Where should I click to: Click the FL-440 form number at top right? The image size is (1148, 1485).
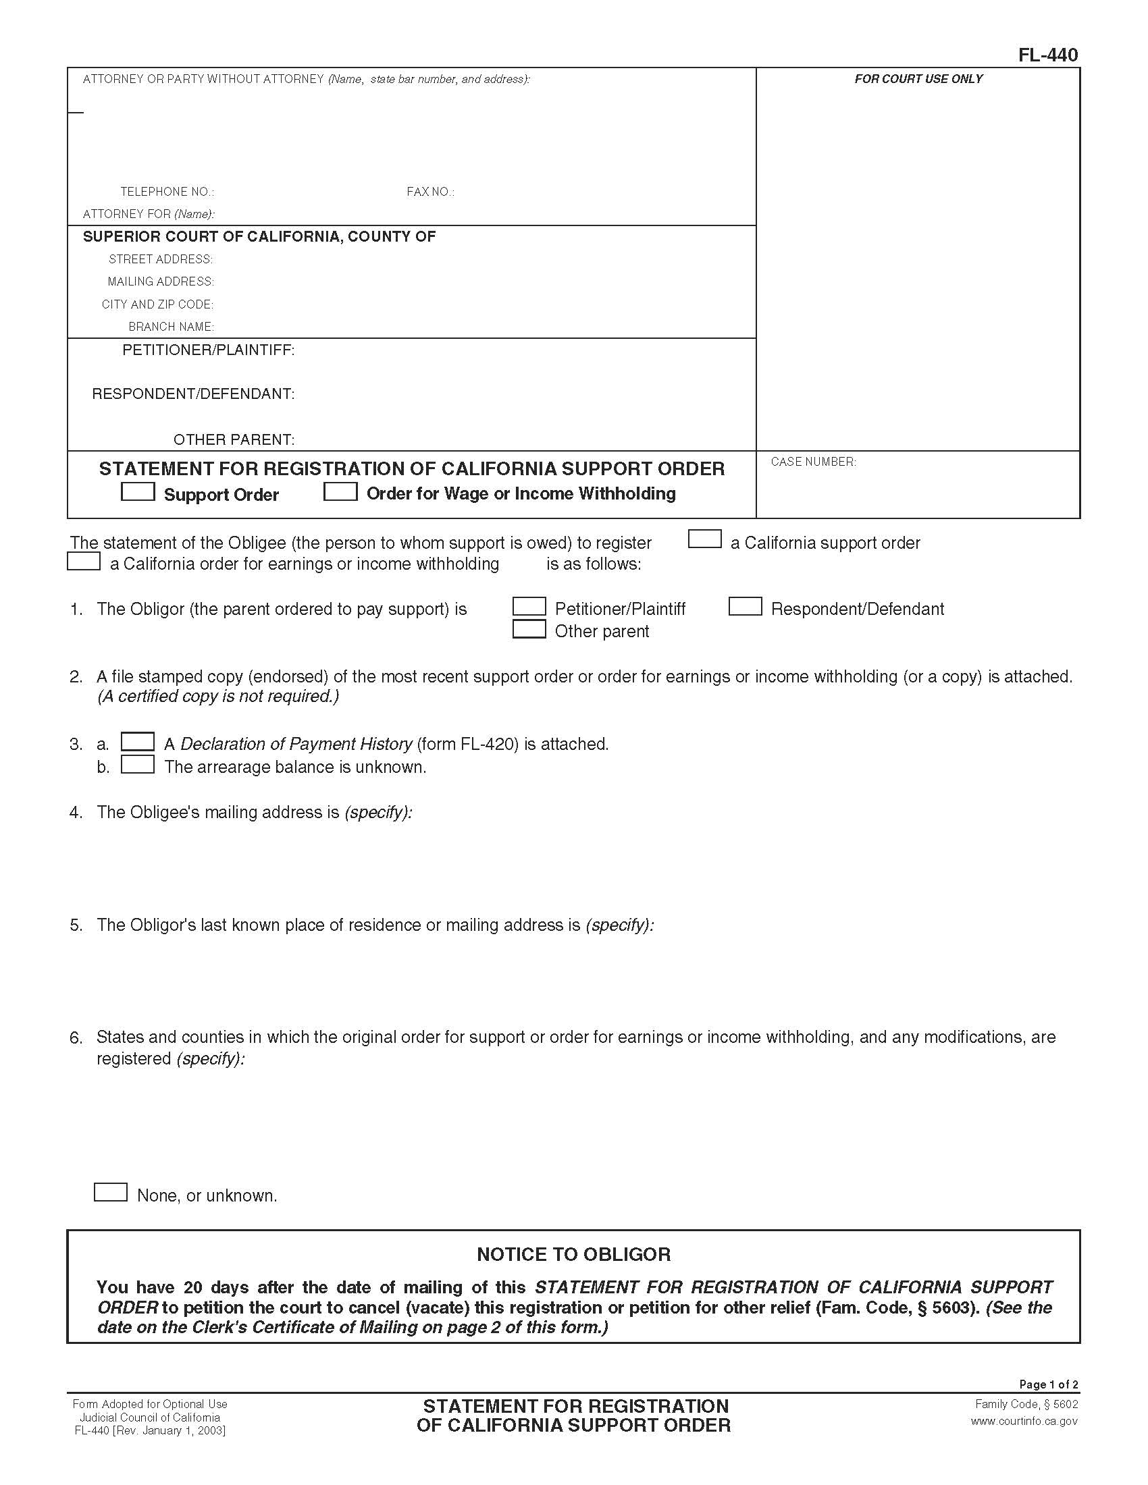tap(1047, 55)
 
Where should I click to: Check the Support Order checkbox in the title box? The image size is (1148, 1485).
tap(137, 491)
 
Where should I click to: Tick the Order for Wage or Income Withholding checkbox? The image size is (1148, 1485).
tap(340, 491)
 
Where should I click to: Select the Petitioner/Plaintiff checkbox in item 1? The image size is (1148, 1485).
tap(529, 607)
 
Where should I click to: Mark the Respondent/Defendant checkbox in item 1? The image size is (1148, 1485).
tap(745, 607)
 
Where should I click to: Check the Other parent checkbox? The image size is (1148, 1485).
tap(529, 629)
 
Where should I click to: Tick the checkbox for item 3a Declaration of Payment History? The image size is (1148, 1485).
tap(137, 742)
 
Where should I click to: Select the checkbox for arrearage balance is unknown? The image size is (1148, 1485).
tap(137, 764)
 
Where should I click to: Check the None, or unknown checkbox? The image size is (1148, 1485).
tap(110, 1192)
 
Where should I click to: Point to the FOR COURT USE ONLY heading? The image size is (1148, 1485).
tap(918, 79)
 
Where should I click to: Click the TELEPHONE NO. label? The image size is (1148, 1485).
tap(167, 192)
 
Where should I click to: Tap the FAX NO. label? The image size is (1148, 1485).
tap(429, 192)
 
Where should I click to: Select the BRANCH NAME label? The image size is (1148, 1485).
tap(172, 327)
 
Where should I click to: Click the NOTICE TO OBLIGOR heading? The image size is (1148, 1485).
tap(573, 1255)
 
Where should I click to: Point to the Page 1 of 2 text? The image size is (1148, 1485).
tap(1048, 1384)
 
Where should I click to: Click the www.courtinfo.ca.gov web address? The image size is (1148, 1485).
tap(1024, 1421)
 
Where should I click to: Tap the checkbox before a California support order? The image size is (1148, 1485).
tap(704, 539)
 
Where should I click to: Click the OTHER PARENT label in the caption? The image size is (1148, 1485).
tap(233, 440)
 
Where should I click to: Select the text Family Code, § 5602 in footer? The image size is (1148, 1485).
tap(1026, 1404)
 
